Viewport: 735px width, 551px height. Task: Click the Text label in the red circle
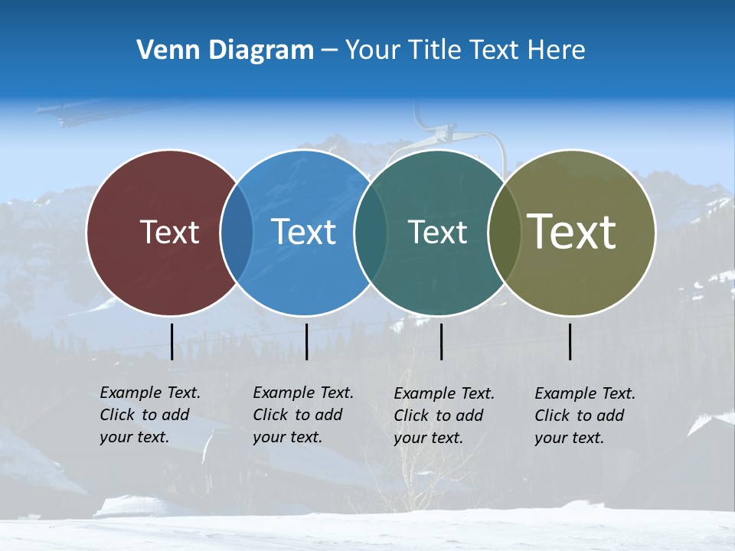point(169,232)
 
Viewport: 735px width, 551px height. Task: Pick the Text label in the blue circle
point(303,232)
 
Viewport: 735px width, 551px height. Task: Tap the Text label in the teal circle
point(437,232)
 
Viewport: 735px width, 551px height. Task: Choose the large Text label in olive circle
point(572,232)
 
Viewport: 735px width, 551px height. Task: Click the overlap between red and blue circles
point(237,233)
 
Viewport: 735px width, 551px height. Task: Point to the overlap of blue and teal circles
point(370,233)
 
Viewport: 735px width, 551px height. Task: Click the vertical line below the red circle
point(171,341)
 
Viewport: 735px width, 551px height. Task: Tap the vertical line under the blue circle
point(306,341)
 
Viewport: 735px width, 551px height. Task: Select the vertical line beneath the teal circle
point(441,341)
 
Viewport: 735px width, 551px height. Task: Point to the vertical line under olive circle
point(570,341)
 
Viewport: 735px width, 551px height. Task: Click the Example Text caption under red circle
point(150,415)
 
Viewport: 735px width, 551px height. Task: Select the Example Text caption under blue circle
point(303,415)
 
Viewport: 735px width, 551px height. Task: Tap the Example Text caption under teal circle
point(444,416)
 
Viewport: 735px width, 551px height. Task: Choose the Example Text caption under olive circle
point(585,416)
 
